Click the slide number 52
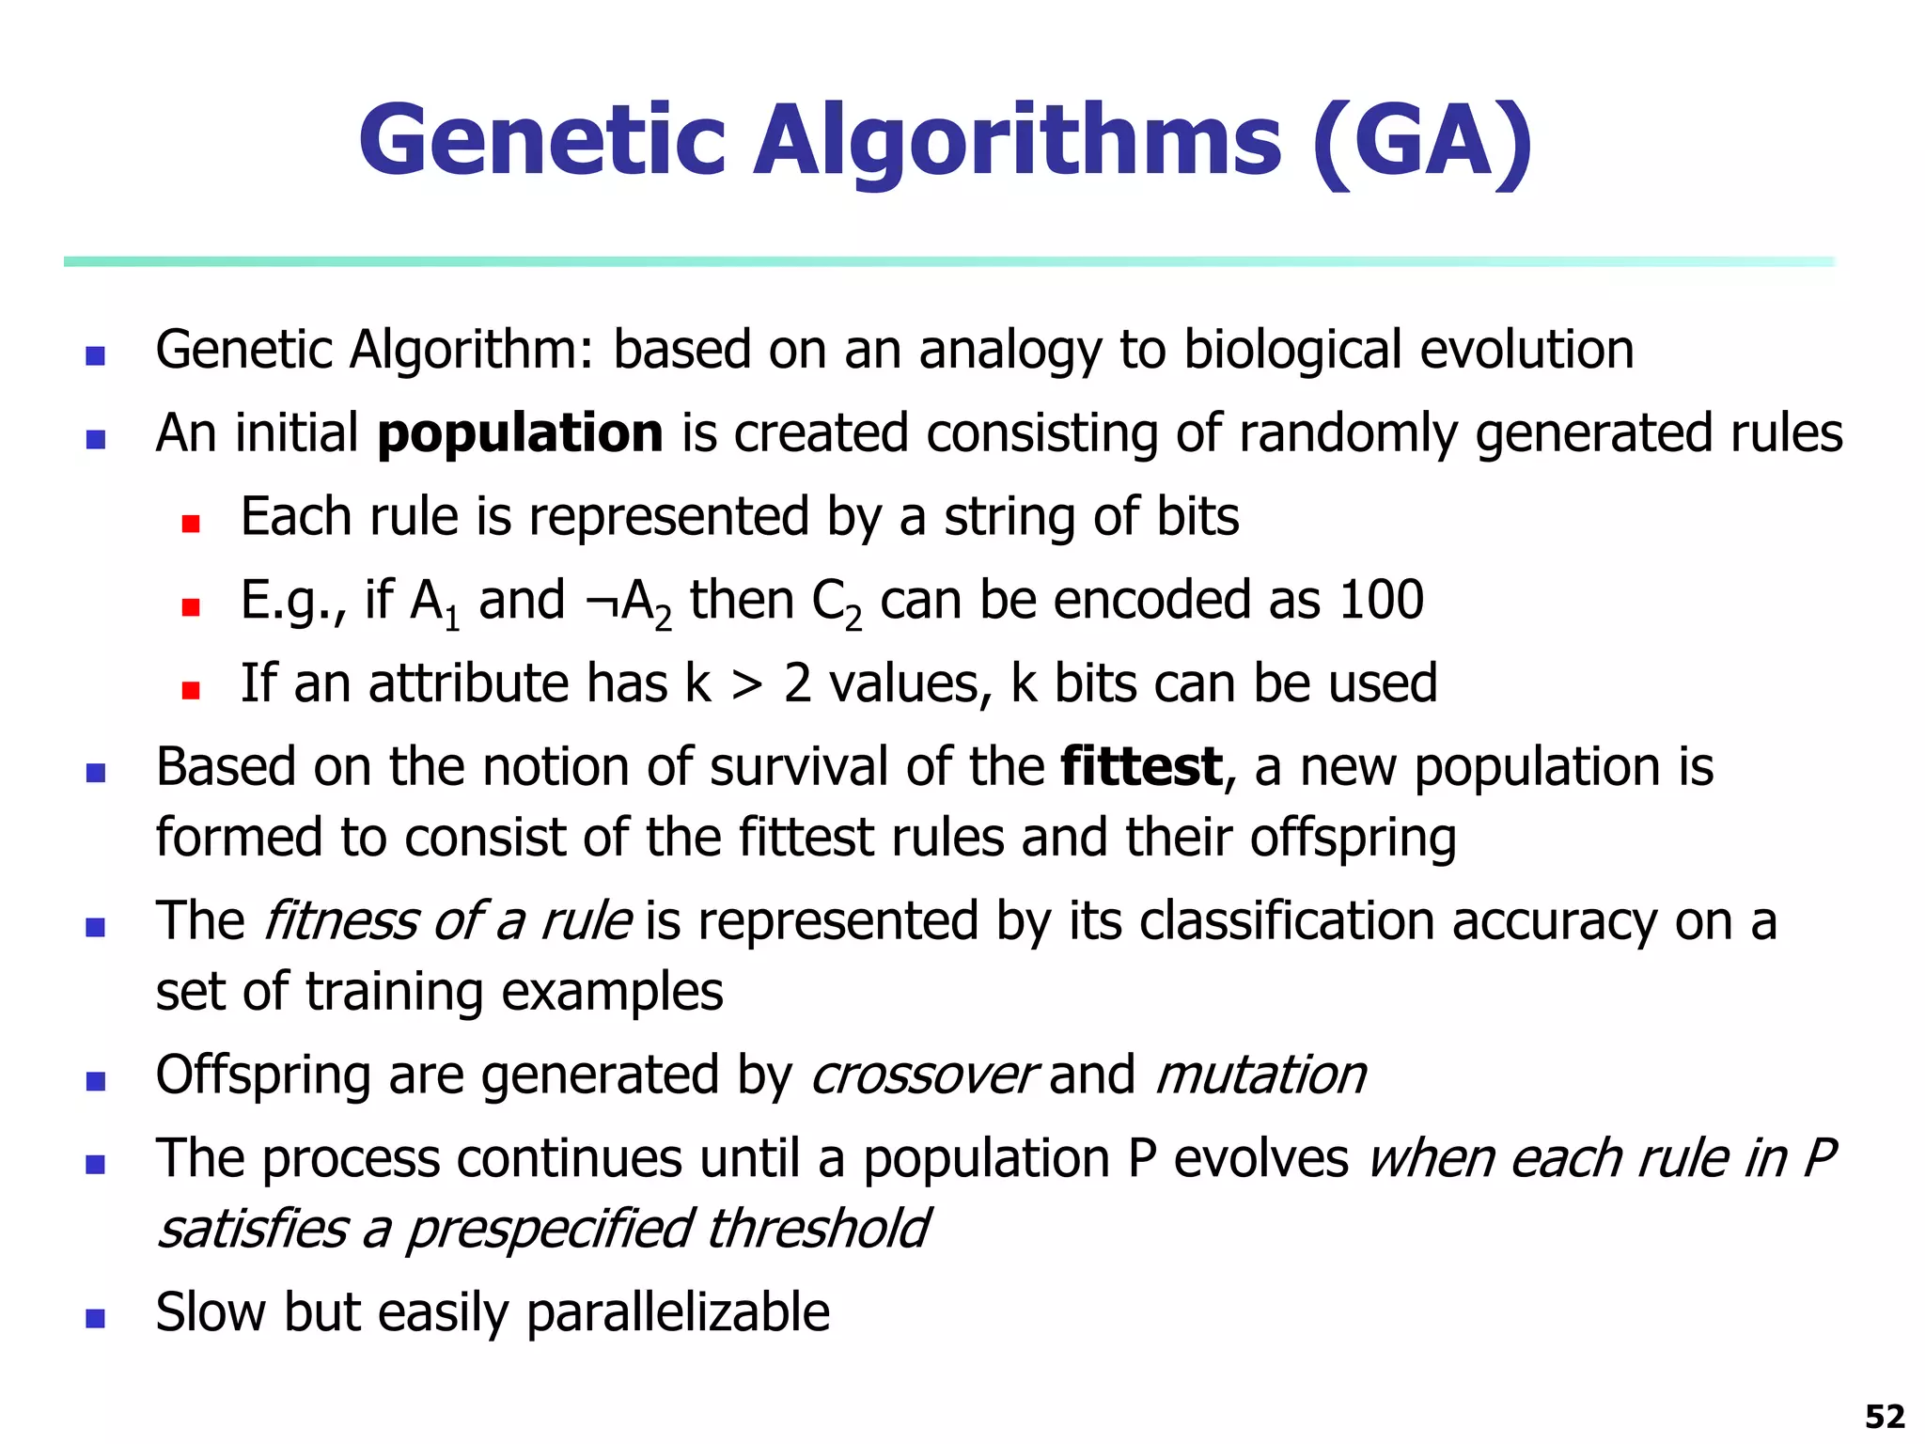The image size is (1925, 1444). [x=1884, y=1416]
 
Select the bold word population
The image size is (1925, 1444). [x=520, y=433]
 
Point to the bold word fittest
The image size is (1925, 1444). [x=1141, y=766]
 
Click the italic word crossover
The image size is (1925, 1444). [x=922, y=1075]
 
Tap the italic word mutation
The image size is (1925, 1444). [x=1260, y=1075]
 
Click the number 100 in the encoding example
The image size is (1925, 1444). [x=1381, y=600]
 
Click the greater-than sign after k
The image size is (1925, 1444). [x=747, y=684]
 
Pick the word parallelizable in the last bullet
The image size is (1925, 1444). [x=678, y=1312]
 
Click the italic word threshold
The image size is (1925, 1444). [x=817, y=1228]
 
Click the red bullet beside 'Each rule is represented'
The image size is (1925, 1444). [x=191, y=524]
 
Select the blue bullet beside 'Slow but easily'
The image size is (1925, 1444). [x=95, y=1318]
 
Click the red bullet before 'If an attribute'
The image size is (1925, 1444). [x=191, y=691]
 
